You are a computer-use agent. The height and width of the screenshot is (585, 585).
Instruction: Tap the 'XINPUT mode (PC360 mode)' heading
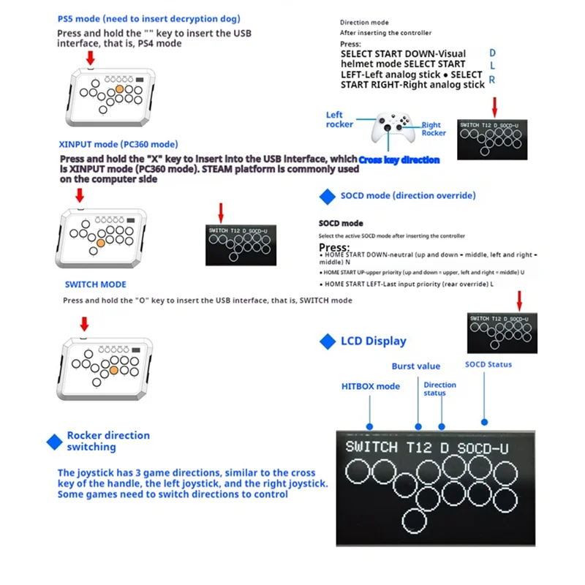118,144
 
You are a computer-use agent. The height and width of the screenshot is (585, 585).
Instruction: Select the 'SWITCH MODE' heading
95,284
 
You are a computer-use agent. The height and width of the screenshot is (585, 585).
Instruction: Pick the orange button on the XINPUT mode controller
102,244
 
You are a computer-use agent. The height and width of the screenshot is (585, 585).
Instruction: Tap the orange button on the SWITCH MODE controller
113,371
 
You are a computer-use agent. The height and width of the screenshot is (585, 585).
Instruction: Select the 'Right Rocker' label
434,129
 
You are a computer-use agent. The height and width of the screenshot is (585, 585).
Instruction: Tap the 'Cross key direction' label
399,159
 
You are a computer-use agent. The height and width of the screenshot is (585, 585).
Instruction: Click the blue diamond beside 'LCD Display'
327,341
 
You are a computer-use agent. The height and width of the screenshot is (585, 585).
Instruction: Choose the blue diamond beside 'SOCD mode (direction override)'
327,196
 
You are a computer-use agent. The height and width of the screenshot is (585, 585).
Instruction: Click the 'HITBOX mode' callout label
371,386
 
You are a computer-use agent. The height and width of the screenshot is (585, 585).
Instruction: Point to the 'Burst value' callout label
415,366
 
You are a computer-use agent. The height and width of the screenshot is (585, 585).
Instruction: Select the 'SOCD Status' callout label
488,364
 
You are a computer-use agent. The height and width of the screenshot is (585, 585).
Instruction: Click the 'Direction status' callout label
439,389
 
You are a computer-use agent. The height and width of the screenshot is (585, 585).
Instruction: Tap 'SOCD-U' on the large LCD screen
483,447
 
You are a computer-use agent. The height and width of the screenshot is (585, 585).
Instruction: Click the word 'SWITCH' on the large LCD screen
371,447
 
